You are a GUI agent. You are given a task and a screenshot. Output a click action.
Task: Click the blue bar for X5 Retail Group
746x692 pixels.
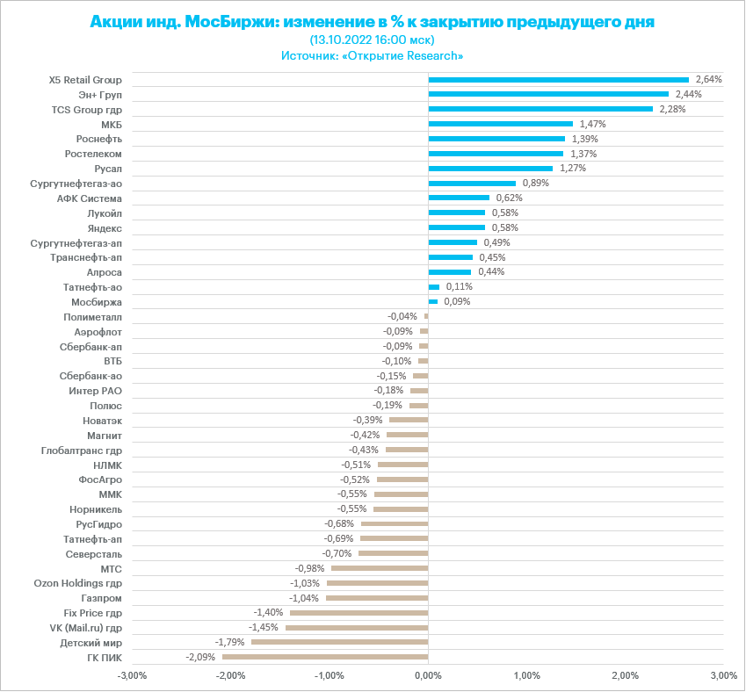pos(558,80)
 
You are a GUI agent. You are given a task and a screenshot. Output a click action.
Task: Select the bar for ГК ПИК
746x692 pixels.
pos(325,657)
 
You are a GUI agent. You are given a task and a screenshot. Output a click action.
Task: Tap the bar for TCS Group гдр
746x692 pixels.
pos(540,109)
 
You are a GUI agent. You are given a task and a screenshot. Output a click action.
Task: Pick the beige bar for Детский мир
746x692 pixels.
pos(339,642)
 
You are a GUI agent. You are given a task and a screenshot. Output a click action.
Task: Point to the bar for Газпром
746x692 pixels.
pos(377,598)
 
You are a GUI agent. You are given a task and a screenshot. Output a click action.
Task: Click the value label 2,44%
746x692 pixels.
pos(688,94)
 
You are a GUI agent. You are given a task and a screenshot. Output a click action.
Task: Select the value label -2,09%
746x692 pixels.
pos(200,657)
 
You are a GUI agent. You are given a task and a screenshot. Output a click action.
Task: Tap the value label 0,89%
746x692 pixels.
pos(536,183)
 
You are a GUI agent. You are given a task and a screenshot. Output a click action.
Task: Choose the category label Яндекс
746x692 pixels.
pos(105,227)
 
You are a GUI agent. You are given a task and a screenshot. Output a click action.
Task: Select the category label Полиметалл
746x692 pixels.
pos(93,316)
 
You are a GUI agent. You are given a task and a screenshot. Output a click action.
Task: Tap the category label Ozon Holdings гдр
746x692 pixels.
pos(78,583)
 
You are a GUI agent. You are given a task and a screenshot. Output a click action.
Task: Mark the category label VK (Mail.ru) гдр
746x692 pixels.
pos(86,628)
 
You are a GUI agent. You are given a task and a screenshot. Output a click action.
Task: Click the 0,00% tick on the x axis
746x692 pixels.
pos(428,675)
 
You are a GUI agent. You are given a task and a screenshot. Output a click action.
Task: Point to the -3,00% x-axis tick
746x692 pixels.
pos(132,675)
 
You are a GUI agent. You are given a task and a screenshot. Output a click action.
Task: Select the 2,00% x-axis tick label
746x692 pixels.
pos(625,675)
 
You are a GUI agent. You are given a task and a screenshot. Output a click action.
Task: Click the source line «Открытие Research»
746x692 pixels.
pos(372,55)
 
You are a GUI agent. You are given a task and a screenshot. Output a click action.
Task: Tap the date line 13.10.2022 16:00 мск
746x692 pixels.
pos(373,40)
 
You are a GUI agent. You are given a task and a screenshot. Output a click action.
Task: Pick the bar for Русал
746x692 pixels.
pos(490,169)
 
